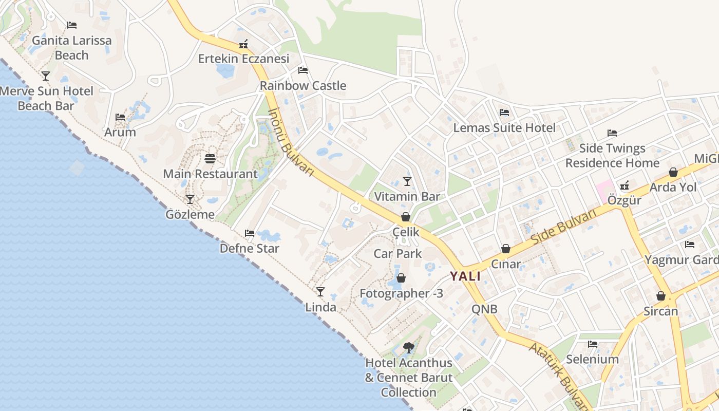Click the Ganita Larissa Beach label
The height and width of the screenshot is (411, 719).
[71, 47]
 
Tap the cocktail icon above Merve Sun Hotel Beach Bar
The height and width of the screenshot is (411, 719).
[46, 76]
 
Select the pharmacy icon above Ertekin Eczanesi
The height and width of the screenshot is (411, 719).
[243, 44]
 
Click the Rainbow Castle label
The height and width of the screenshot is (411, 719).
[303, 86]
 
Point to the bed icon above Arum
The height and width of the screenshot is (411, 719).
[120, 117]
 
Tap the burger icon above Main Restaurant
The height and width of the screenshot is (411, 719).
[210, 158]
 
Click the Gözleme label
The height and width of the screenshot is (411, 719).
[190, 214]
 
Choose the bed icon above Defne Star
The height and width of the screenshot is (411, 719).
[250, 233]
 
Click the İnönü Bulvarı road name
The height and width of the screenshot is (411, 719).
[291, 142]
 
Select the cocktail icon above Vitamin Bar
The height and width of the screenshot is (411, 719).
[407, 181]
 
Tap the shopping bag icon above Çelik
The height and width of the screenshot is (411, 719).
[406, 217]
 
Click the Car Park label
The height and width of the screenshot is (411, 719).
[398, 253]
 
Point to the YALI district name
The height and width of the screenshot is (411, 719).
[465, 276]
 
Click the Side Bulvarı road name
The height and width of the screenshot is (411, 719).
[563, 227]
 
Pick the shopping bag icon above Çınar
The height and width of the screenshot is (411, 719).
[506, 249]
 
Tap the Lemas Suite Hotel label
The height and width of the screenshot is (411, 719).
[504, 128]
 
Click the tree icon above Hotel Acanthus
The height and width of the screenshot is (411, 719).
[409, 348]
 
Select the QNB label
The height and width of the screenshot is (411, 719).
[484, 309]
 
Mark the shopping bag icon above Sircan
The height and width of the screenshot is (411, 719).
[661, 296]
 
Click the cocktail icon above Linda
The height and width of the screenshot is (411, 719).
[320, 292]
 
